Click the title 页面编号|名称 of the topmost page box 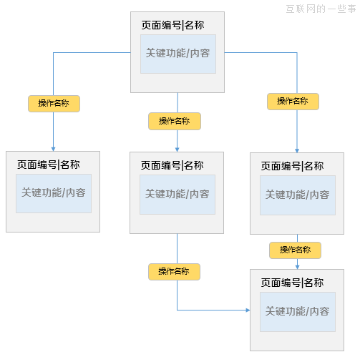pyautogui.click(x=172, y=26)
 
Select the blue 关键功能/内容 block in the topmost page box pyautogui.click(x=178, y=53)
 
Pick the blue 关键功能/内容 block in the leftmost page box pyautogui.click(x=54, y=193)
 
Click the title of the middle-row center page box pyautogui.click(x=172, y=165)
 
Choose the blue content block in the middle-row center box pyautogui.click(x=177, y=194)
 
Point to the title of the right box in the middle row pyautogui.click(x=292, y=166)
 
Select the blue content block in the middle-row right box pyautogui.click(x=298, y=195)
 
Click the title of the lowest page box pyautogui.click(x=292, y=283)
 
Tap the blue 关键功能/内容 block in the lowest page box pyautogui.click(x=298, y=311)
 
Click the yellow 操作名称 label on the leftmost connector pyautogui.click(x=54, y=104)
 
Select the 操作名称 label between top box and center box pyautogui.click(x=174, y=121)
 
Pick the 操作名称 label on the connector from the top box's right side pyautogui.click(x=293, y=102)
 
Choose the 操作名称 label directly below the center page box pyautogui.click(x=174, y=272)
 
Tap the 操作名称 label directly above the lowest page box pyautogui.click(x=295, y=250)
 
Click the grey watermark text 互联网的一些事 pyautogui.click(x=321, y=9)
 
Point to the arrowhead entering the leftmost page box pyautogui.click(x=54, y=148)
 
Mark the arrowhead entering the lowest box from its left pyautogui.click(x=247, y=310)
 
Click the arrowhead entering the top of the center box pyautogui.click(x=177, y=148)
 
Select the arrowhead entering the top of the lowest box pyautogui.click(x=297, y=265)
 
